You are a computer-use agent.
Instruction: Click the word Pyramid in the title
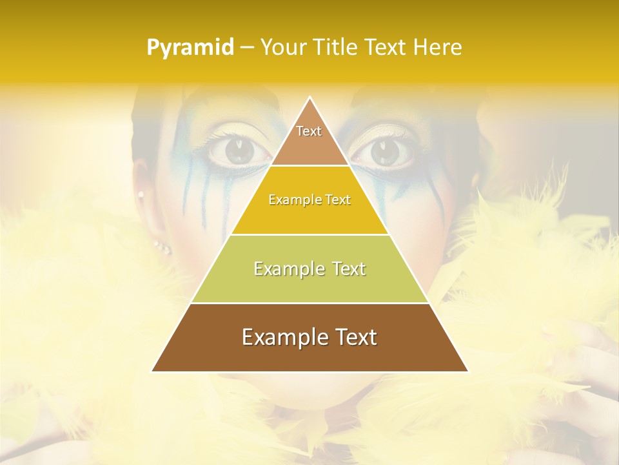point(190,48)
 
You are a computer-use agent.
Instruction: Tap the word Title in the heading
point(337,48)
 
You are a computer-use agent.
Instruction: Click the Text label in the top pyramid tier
point(309,131)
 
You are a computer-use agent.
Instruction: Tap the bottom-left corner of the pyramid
point(152,371)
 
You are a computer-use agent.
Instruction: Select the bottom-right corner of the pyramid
point(467,371)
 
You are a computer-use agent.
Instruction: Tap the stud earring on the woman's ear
point(141,194)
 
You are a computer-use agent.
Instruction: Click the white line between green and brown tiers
point(309,303)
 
